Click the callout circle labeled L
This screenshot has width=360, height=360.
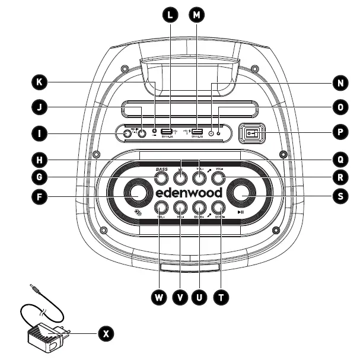point(170,15)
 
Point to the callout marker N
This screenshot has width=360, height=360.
point(339,83)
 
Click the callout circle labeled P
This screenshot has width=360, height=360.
point(339,133)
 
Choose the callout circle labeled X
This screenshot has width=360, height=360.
point(106,334)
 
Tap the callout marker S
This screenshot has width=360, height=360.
point(339,195)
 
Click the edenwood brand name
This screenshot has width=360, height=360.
point(189,193)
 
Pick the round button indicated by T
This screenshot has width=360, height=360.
point(218,208)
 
